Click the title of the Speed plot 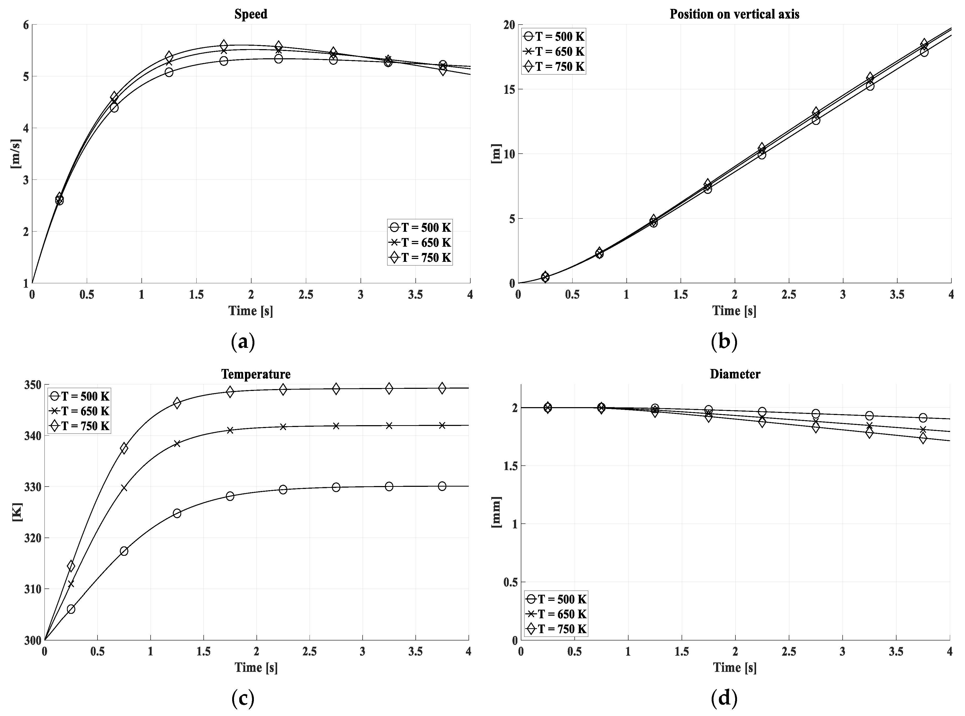(x=250, y=14)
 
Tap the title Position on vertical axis (x=734, y=14)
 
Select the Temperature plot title (x=256, y=374)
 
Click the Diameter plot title (x=735, y=374)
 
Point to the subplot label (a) (x=243, y=342)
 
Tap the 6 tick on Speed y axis (x=26, y=25)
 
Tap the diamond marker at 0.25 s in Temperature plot (x=71, y=566)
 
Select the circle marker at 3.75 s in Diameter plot (x=923, y=418)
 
